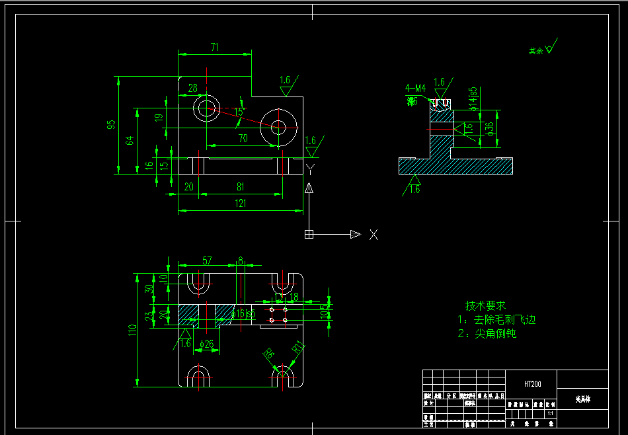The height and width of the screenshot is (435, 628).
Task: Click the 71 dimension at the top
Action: coord(214,47)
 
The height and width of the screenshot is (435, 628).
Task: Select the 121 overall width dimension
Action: coord(240,203)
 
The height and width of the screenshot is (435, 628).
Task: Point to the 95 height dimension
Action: coord(112,124)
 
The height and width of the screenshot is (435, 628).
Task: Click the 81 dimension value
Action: coord(240,187)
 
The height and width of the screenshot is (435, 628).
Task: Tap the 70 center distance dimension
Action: coord(243,138)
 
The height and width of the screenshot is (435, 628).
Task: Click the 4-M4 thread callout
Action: coord(416,87)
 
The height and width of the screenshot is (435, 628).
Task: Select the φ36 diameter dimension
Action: coord(490,128)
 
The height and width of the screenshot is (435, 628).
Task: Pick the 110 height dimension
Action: coord(133,329)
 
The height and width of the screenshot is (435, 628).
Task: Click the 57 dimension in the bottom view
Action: coord(207,261)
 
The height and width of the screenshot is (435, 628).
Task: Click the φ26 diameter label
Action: coord(207,344)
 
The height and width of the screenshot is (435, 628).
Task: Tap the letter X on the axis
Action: coord(373,234)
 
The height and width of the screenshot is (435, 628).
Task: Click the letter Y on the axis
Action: coord(309,170)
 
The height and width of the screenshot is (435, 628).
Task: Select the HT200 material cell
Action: coord(532,383)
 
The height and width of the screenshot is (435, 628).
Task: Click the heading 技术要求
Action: coord(485,305)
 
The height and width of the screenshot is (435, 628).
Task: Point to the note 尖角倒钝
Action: coord(487,334)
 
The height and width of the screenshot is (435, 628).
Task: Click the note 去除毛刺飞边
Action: coord(496,320)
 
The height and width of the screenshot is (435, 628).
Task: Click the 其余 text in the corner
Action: coord(535,51)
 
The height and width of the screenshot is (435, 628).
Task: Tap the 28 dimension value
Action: coord(192,88)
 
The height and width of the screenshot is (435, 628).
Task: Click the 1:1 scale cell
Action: coord(550,413)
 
